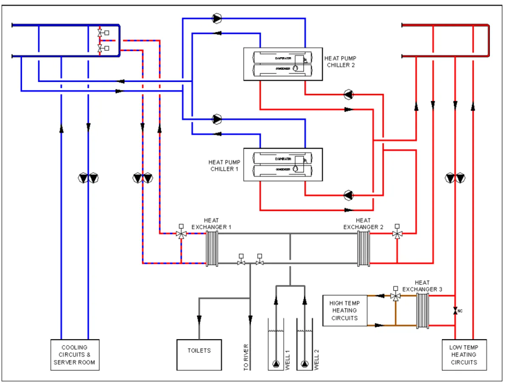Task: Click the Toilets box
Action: pos(199,355)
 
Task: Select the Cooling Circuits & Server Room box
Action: pos(75,355)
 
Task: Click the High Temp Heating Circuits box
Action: pos(345,310)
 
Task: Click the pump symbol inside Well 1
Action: pos(276,364)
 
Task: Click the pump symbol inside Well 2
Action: pos(304,364)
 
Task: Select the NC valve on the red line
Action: pos(455,311)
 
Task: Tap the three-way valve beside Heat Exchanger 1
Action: pos(181,234)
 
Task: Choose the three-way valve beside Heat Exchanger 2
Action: pos(397,234)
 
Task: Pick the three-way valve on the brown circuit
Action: pos(396,296)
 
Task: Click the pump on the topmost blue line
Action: pos(217,18)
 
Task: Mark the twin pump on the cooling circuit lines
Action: pos(88,178)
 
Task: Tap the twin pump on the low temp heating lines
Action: pos(455,178)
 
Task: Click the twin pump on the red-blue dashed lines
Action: pos(143,178)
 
